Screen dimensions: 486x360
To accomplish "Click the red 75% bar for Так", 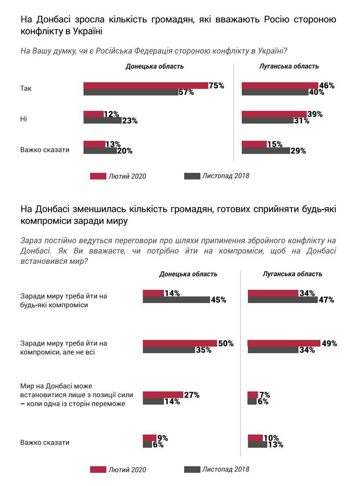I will pos(145,86).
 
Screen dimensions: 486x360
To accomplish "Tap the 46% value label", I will pos(327,86).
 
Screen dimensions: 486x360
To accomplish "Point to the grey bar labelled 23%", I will pos(100,121).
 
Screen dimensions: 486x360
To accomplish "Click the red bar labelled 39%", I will pos(274,114).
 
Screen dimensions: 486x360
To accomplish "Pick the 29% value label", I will pos(298,151).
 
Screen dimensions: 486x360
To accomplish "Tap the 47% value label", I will pos(326,300).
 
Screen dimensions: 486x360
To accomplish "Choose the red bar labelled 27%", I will pos(163,395).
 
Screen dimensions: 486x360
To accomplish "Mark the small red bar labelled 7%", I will pos(253,395).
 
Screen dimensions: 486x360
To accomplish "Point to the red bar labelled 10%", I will pos(255,438).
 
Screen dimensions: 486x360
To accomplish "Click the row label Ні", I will pos(24,119).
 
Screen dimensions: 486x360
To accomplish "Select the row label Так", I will pos(26,88).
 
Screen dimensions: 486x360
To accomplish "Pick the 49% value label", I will pos(329,343).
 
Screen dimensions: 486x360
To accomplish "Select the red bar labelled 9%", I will pos(149,438).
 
